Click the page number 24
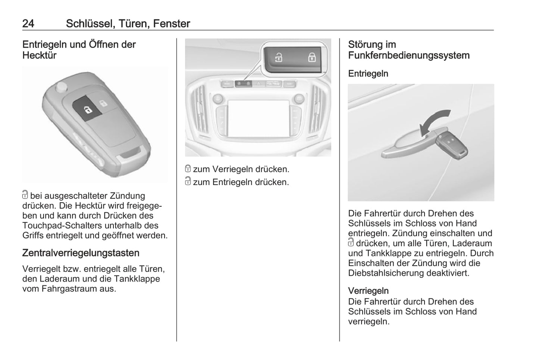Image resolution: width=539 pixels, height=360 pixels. (28, 24)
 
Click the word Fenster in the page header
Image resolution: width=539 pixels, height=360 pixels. (172, 24)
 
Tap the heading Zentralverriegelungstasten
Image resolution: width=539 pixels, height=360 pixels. (81, 253)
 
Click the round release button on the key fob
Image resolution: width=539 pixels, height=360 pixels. (61, 87)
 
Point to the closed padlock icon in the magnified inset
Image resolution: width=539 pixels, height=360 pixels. (312, 57)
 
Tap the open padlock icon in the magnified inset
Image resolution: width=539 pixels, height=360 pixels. (279, 57)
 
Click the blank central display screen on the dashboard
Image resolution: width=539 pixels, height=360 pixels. (258, 119)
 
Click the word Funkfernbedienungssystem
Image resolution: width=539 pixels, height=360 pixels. (409, 55)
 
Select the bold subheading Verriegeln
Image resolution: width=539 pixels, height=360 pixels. (369, 291)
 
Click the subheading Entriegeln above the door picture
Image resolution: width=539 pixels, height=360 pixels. (368, 73)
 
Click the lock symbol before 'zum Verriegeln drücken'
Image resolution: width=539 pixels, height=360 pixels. (188, 169)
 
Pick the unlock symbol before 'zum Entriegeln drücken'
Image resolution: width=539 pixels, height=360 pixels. (188, 181)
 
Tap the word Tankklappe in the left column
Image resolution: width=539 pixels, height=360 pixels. (137, 279)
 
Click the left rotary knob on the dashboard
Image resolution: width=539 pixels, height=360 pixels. (218, 98)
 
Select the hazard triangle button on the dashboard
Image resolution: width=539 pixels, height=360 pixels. (258, 84)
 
